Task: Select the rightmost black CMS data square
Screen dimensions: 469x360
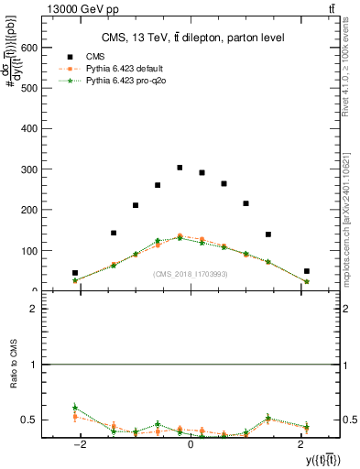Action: [x=307, y=271]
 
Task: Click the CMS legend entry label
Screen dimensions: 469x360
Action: [x=96, y=56]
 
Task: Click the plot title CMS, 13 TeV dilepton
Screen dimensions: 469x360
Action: [x=192, y=38]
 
